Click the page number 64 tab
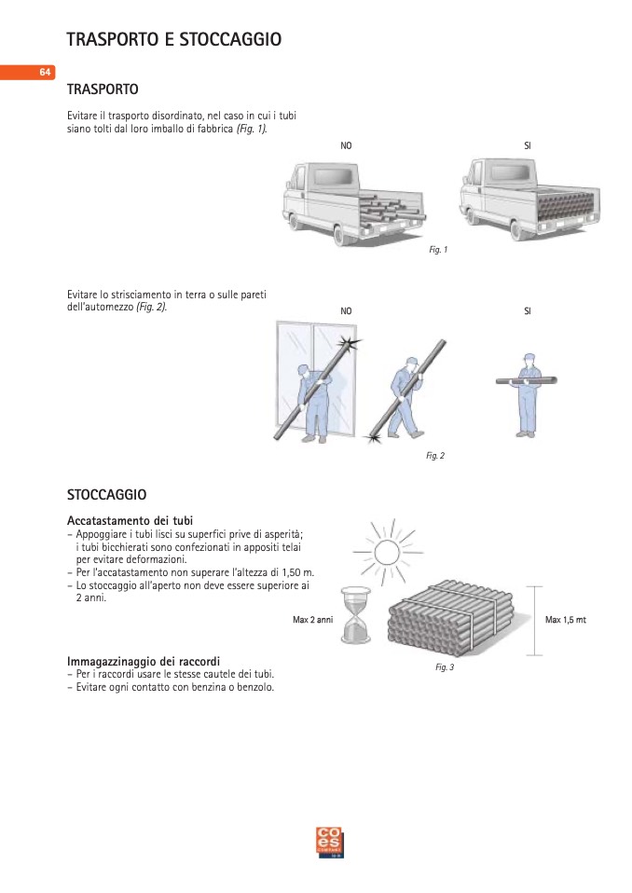point(44,73)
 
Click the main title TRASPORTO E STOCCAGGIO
point(173,39)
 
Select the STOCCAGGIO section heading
point(106,493)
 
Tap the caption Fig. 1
point(438,250)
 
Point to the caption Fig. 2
point(434,455)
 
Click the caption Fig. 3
point(445,666)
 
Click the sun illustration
point(383,551)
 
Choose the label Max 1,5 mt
point(565,620)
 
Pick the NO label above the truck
point(347,146)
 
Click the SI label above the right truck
point(528,146)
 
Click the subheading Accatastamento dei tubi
point(136,519)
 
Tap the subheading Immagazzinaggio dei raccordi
point(144,661)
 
